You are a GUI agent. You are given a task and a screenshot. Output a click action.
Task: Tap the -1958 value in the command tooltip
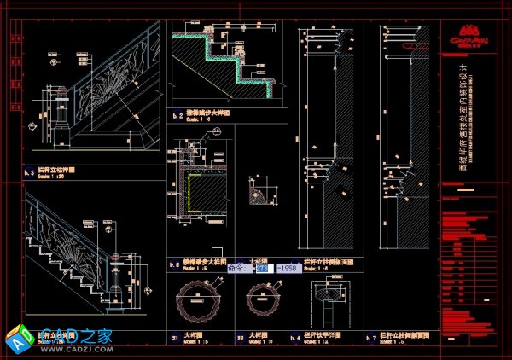coord(287,268)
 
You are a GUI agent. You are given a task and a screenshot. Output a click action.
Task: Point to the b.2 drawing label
coord(178,114)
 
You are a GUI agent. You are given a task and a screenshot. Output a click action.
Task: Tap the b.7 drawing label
coord(370,338)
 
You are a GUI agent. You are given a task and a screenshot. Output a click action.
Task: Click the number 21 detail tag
coord(174,338)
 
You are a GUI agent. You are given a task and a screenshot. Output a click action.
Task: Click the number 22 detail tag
coord(241,338)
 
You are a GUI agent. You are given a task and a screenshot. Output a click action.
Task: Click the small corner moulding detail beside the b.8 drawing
coord(259,192)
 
